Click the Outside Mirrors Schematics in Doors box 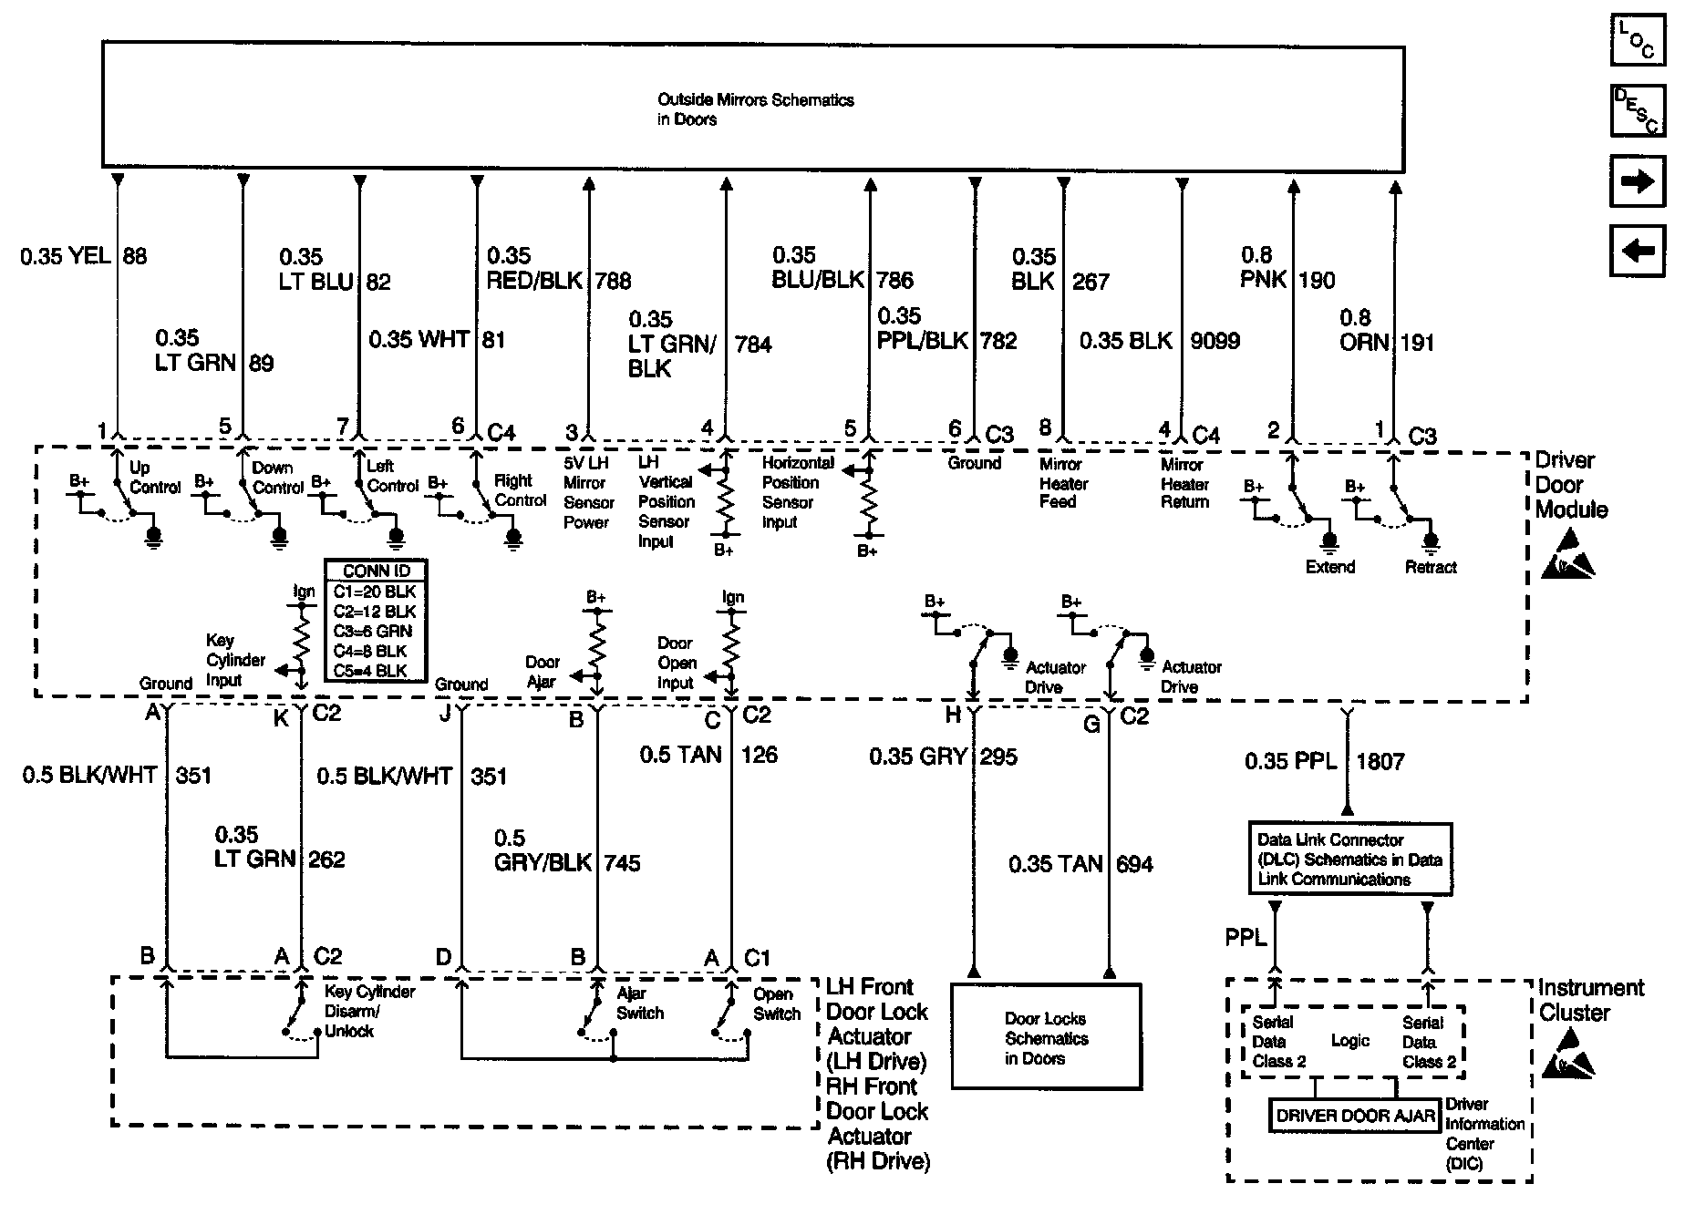click(752, 108)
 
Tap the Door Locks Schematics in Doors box click(1046, 1037)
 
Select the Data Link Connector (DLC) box click(1349, 860)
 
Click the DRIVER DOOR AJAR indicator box click(1354, 1116)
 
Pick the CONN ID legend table click(376, 621)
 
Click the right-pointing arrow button click(1638, 182)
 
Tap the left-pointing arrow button click(1638, 250)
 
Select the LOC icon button click(1638, 40)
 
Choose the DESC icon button click(1638, 110)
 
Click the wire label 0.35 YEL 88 click(84, 256)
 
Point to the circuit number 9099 click(1215, 341)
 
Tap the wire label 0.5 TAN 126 click(708, 755)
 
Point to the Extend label click(1329, 567)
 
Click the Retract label click(1430, 567)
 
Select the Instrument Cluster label click(1590, 1000)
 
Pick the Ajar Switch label click(639, 1004)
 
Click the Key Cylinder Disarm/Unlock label click(368, 1012)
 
